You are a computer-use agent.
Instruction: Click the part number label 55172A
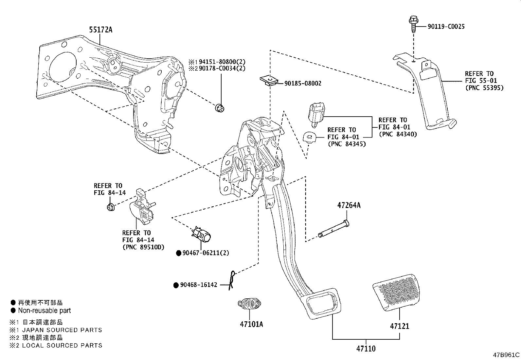click(100, 30)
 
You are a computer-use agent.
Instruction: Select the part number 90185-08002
click(303, 84)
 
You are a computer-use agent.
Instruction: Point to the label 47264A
click(349, 205)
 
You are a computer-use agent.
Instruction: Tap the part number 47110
click(366, 349)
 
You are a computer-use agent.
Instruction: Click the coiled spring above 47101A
click(249, 303)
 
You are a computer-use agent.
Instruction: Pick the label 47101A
click(251, 324)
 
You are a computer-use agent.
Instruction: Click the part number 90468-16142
click(199, 285)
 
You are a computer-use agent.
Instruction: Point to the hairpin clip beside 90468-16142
click(232, 280)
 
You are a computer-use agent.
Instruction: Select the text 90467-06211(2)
click(206, 253)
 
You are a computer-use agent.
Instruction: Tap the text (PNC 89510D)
click(143, 247)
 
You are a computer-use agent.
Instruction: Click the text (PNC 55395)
click(484, 88)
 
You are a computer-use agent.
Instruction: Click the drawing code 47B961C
click(506, 355)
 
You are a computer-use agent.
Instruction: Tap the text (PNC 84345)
click(346, 144)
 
